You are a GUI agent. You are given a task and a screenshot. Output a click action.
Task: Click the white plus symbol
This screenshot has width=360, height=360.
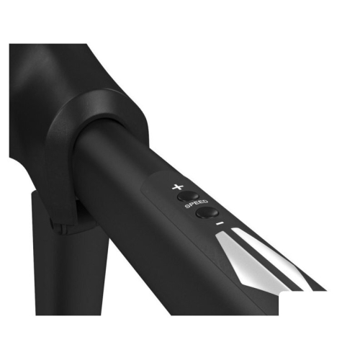tap(178, 186)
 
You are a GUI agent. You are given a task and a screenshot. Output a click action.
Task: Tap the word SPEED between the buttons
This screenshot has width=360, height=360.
tap(196, 204)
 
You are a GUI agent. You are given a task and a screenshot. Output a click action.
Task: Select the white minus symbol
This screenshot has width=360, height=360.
tap(220, 223)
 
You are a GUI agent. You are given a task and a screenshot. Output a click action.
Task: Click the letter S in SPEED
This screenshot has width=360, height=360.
tap(187, 206)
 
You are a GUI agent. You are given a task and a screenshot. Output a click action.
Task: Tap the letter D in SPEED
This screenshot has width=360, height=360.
tap(205, 202)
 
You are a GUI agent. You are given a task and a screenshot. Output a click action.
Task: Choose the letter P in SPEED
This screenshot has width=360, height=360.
tap(192, 204)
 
